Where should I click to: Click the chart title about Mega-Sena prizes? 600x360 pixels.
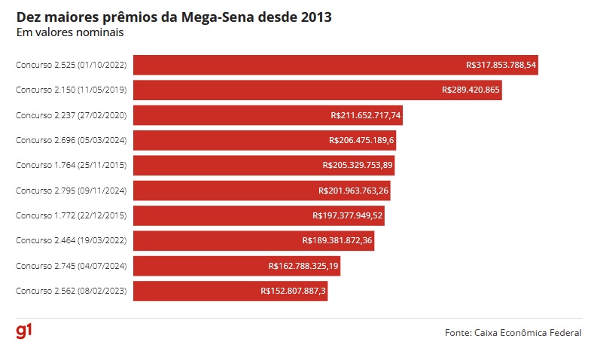click(174, 17)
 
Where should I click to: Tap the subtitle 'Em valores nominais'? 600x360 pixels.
click(70, 32)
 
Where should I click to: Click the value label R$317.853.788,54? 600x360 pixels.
click(501, 65)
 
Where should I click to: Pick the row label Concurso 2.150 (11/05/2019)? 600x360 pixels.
click(71, 90)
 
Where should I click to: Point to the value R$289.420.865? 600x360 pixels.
click(471, 90)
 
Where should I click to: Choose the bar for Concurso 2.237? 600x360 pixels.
click(226, 115)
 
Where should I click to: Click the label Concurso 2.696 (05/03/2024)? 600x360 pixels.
click(71, 140)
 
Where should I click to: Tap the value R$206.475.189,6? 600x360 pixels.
click(361, 140)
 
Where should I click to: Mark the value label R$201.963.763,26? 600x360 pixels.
click(353, 191)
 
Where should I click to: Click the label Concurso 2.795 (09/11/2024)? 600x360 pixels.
click(71, 191)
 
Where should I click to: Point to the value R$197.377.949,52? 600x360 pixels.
click(348, 215)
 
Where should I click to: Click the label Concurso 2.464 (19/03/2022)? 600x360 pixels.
click(71, 241)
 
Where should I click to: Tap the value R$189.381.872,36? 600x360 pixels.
click(337, 241)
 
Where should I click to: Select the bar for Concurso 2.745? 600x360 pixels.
click(196, 266)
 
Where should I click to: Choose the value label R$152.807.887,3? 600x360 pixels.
click(293, 291)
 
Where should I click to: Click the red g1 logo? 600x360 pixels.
click(24, 331)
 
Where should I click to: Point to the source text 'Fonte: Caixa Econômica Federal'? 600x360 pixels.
click(513, 332)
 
